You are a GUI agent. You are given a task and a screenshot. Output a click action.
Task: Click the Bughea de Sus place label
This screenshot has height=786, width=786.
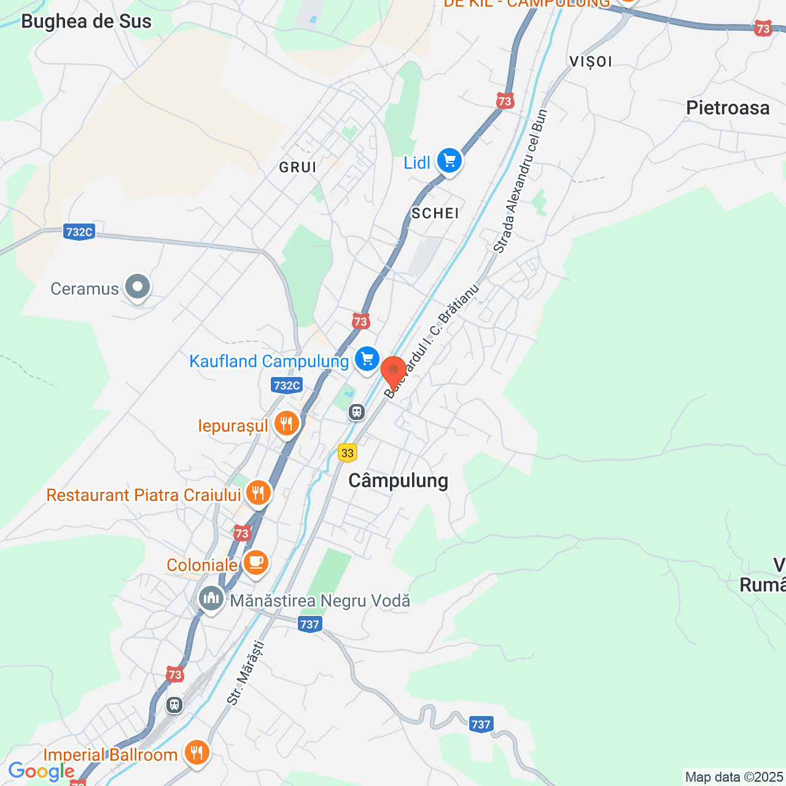(86, 21)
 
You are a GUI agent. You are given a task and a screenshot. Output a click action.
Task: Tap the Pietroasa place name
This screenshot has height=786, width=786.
(728, 108)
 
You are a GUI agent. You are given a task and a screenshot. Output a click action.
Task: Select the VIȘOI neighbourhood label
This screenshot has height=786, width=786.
(591, 61)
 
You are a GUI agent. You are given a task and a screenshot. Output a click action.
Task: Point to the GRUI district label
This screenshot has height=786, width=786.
(298, 167)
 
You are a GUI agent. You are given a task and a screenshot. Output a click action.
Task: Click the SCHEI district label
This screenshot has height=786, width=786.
(435, 213)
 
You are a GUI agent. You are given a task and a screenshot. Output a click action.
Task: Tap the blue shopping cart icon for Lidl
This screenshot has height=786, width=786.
(449, 161)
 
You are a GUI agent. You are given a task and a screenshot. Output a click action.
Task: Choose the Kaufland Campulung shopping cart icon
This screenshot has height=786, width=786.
(367, 359)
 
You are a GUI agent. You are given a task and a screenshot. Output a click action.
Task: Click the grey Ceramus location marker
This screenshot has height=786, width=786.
(138, 287)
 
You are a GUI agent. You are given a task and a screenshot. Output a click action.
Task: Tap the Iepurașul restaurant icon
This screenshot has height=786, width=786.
(286, 424)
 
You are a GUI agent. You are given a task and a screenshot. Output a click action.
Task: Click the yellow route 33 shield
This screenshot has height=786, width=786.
(348, 453)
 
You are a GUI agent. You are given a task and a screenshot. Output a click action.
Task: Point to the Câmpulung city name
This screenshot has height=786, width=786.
(398, 480)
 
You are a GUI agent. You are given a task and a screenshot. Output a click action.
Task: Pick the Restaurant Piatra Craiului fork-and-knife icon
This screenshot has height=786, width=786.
(259, 492)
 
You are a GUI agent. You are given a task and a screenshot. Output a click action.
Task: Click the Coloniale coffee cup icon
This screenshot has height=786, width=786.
(255, 562)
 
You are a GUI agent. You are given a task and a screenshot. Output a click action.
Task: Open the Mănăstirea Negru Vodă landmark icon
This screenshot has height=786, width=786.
(211, 598)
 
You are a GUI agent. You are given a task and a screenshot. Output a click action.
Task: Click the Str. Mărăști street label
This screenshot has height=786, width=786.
(246, 672)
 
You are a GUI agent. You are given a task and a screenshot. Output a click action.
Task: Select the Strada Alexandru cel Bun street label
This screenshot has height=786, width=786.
(520, 181)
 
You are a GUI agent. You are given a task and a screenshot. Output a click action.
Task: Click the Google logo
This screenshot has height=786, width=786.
(41, 771)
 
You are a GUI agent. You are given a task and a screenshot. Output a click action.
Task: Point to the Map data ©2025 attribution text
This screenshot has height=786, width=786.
(734, 777)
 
